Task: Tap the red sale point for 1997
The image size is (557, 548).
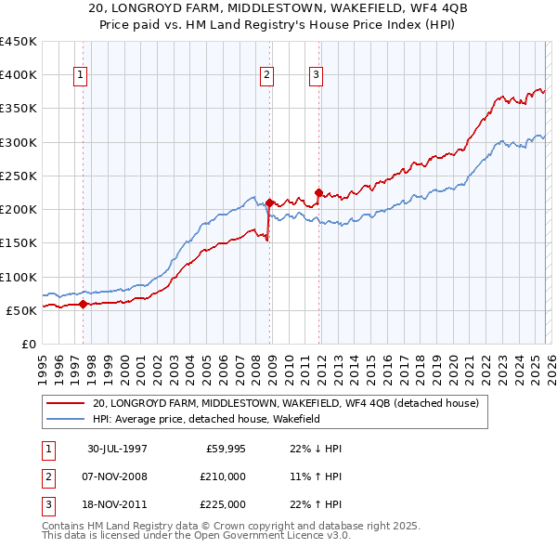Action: click(x=83, y=303)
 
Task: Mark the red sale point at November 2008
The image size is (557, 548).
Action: click(x=269, y=202)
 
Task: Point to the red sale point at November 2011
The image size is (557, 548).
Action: click(x=318, y=193)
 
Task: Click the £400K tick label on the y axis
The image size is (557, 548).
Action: click(x=19, y=75)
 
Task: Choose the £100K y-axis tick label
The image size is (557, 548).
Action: click(x=19, y=277)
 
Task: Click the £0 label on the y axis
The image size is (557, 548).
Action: click(x=28, y=344)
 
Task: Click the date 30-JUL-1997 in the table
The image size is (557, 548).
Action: click(x=117, y=449)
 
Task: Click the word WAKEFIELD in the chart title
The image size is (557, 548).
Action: click(x=359, y=8)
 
